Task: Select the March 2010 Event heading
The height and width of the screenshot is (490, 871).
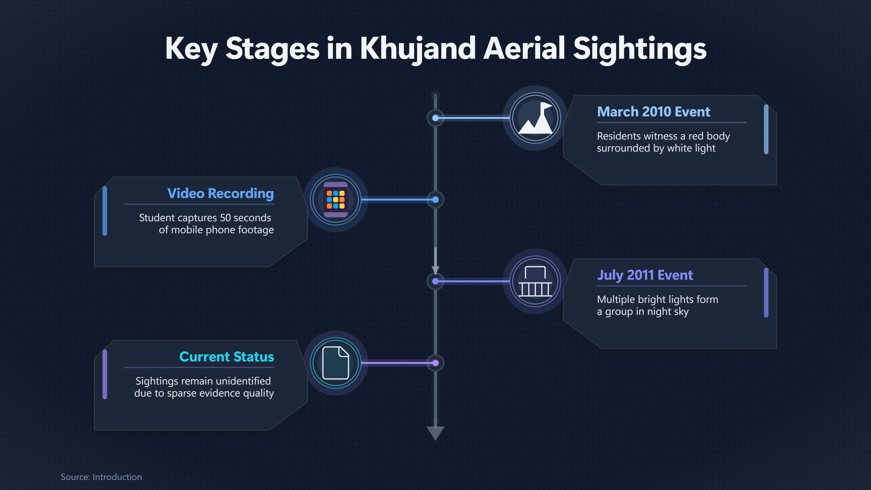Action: pos(653,112)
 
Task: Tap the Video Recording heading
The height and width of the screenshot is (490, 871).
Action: pos(220,194)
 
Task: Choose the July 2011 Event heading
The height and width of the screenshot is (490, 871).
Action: pos(645,275)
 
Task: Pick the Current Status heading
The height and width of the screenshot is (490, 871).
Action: pos(227,357)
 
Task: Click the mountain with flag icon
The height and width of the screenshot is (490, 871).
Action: pos(535,118)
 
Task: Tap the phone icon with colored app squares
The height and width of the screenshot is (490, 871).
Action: pos(336,200)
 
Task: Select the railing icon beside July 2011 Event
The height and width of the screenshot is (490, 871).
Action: pos(535,281)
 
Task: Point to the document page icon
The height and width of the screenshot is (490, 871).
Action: pos(336,363)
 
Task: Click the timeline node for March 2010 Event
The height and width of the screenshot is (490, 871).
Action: pos(435,118)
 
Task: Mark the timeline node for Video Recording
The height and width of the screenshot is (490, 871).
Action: pos(435,200)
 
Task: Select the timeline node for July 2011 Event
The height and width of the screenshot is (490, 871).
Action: pos(435,281)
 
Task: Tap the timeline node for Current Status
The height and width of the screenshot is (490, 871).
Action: pos(435,363)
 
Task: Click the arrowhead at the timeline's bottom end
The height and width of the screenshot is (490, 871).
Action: pos(435,433)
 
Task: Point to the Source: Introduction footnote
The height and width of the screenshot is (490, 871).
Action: pos(101,477)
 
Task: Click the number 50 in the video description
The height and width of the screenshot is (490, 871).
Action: pos(225,218)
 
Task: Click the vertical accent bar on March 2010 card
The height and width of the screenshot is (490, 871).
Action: pos(766,129)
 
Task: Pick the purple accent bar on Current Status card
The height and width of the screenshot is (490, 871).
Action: pos(105,374)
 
